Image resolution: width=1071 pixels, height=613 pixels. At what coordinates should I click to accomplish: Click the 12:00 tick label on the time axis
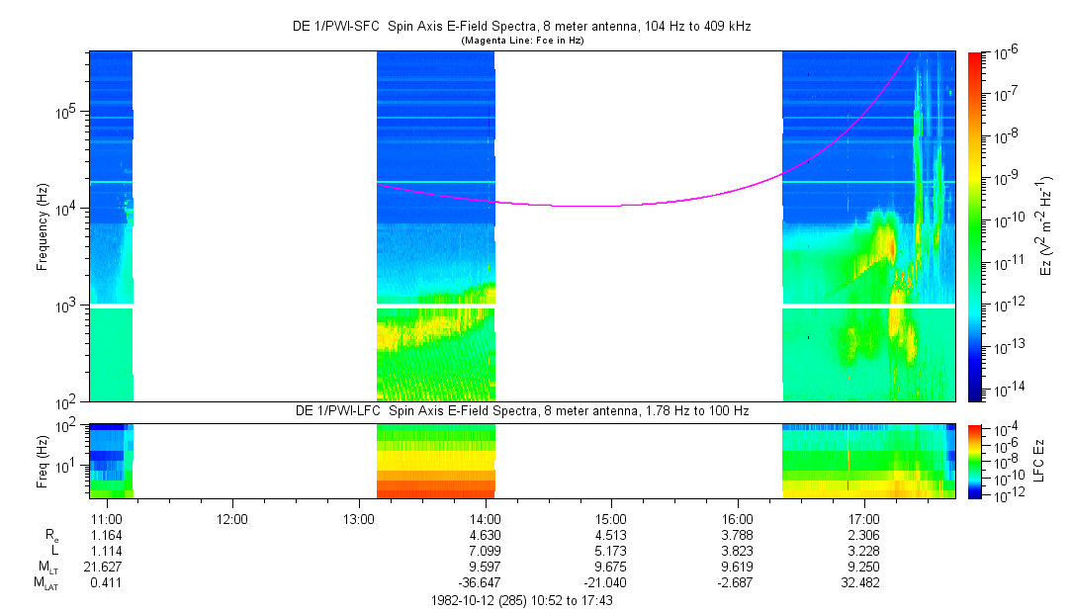point(232,517)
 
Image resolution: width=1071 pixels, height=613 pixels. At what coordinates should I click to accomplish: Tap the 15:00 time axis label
point(611,517)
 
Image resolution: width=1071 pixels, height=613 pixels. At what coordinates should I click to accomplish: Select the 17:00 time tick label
point(864,517)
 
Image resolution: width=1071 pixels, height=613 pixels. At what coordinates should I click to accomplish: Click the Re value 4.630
point(485,534)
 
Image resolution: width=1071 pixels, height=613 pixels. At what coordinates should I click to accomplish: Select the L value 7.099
point(485,550)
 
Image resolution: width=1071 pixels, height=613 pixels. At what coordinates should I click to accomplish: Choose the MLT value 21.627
point(106,567)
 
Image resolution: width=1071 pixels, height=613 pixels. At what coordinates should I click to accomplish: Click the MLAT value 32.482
point(864,582)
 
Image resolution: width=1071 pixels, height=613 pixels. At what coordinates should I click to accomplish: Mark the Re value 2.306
point(864,534)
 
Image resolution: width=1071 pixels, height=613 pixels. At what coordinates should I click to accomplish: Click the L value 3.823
point(738,550)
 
